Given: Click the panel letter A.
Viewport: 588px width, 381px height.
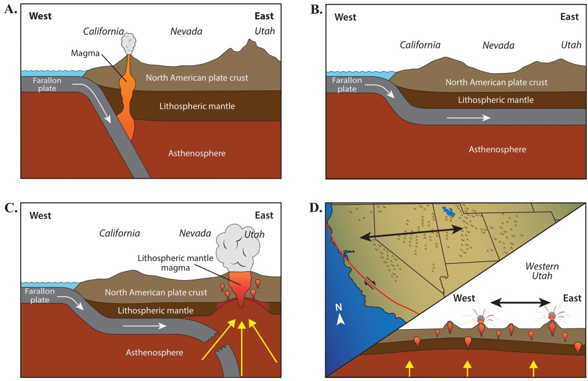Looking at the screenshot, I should [10, 9].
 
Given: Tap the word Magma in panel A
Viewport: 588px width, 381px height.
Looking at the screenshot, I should [85, 53].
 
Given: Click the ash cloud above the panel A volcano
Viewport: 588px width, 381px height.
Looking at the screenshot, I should [129, 44].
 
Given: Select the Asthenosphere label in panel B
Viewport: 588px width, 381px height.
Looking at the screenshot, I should [497, 149].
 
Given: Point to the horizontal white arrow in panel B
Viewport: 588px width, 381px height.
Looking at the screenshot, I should [468, 118].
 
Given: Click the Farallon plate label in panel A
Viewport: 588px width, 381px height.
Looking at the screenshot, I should [47, 84].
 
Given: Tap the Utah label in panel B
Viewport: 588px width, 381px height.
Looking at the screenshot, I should [571, 45].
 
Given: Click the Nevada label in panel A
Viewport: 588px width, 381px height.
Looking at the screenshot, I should [186, 31].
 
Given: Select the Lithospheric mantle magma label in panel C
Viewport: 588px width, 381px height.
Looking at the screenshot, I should [175, 263].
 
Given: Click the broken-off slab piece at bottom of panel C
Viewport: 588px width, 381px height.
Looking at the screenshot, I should [230, 361].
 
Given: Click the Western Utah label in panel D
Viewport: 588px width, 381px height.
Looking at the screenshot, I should [542, 271].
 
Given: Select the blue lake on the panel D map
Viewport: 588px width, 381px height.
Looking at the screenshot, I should [449, 212].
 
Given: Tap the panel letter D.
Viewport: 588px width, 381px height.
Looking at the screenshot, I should [316, 208].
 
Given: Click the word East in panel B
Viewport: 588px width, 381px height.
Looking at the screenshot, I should [569, 17].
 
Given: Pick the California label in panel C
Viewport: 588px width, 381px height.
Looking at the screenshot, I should [120, 233].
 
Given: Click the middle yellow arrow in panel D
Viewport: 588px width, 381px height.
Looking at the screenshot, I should [467, 368].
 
